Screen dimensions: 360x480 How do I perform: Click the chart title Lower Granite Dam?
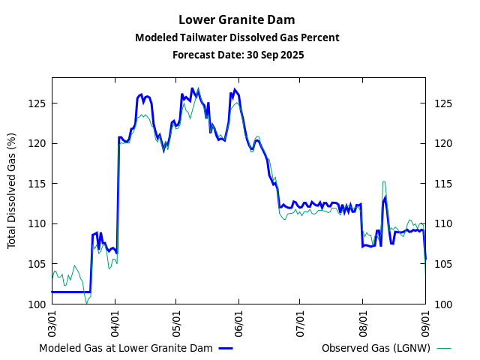click(x=237, y=19)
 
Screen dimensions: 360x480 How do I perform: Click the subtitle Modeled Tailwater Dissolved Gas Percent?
click(x=237, y=37)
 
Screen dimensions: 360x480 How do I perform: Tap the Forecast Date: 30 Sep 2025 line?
click(x=237, y=55)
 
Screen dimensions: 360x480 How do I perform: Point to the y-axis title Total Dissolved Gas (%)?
click(x=11, y=190)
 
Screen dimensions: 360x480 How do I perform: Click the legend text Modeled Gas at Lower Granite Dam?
click(x=126, y=348)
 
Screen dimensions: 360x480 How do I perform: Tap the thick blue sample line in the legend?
click(x=226, y=348)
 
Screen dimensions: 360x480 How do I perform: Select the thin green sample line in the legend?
click(x=444, y=348)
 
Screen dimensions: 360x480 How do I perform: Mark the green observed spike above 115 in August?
click(x=384, y=182)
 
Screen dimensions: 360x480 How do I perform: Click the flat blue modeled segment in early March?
click(x=71, y=292)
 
